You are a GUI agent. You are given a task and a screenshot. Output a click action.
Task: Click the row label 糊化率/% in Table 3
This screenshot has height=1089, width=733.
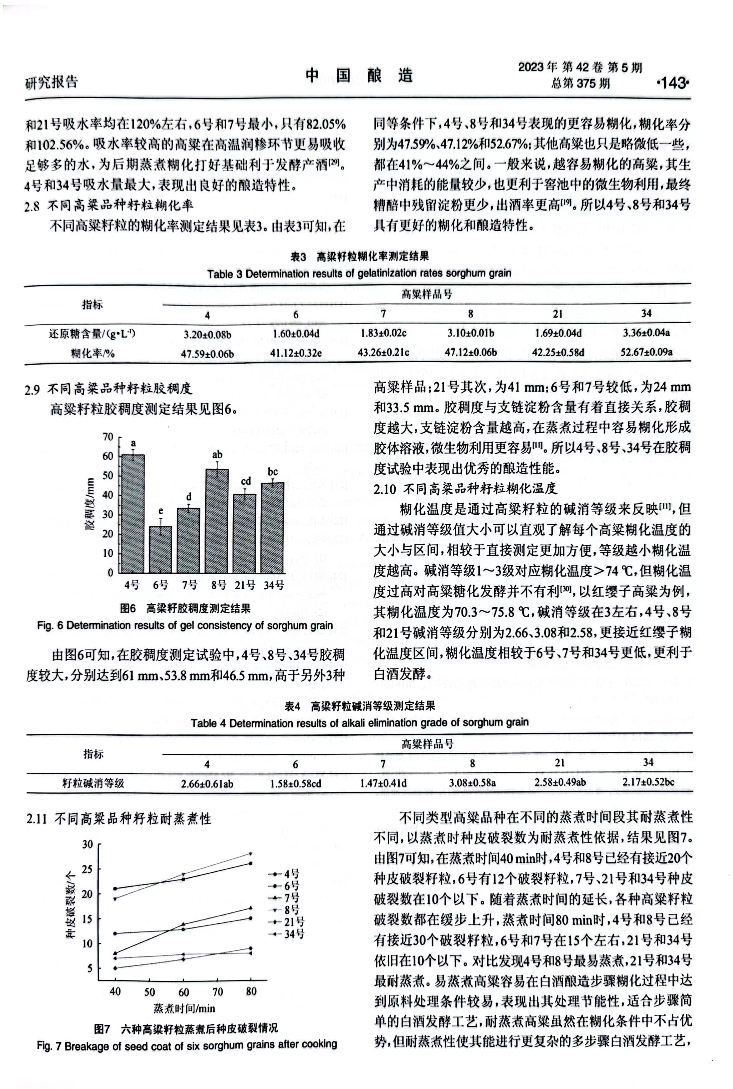(93, 353)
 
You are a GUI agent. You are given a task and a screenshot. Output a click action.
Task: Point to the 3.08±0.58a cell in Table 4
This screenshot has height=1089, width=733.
(472, 782)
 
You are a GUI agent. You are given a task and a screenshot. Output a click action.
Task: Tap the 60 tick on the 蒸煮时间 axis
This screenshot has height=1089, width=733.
(184, 992)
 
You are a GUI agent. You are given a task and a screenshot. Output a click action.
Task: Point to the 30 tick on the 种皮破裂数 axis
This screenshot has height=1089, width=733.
(87, 844)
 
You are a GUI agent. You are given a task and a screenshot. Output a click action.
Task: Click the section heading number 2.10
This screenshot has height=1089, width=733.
(385, 489)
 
